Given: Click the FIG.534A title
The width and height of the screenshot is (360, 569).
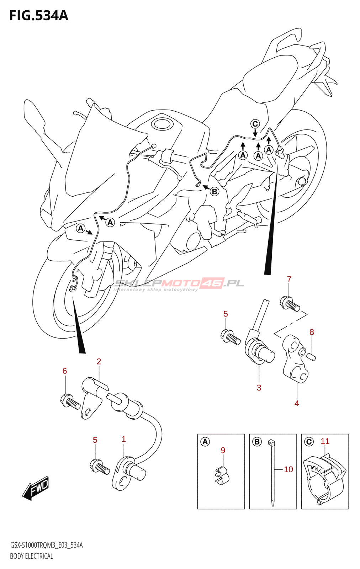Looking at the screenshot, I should click(38, 16).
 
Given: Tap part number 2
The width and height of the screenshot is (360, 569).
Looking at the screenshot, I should click(99, 362).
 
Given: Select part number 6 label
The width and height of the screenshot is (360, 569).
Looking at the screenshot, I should click(65, 371).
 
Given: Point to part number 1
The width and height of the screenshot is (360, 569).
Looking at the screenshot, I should click(123, 439).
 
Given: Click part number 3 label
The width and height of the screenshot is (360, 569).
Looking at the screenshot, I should click(259, 388).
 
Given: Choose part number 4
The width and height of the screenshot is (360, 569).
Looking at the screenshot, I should click(297, 403).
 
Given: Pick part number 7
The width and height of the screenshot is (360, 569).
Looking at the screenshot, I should click(289, 279).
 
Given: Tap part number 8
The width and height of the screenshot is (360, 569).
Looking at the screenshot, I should click(312, 332).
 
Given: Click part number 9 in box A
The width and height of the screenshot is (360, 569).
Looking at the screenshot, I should click(223, 450).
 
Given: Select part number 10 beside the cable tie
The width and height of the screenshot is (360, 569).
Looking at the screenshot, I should click(288, 469).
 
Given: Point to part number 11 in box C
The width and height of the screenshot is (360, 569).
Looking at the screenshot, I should click(325, 441).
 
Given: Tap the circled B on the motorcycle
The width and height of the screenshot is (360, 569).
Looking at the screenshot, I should click(215, 191).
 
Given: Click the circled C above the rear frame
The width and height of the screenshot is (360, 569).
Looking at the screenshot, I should click(255, 124).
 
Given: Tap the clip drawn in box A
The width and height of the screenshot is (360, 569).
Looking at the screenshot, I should click(222, 475).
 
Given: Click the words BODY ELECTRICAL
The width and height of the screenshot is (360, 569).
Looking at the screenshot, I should click(31, 556).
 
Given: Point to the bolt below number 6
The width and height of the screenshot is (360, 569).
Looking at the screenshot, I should click(70, 402).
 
